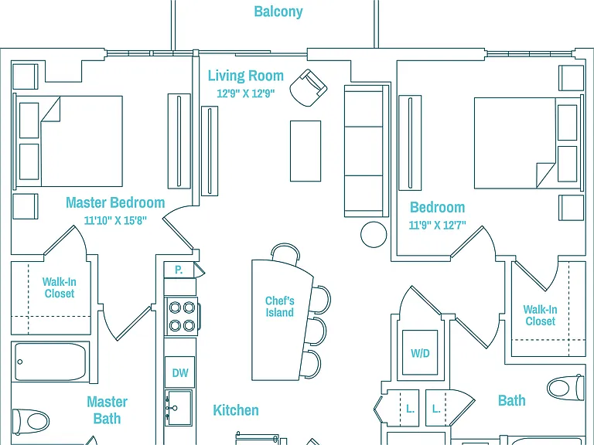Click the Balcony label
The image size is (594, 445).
(278, 12)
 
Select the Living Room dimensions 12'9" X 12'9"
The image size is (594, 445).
(245, 93)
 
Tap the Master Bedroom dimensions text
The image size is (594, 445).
(115, 220)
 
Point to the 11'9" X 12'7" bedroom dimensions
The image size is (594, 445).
(437, 225)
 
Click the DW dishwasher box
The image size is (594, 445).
(180, 372)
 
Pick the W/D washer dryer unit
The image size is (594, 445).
(420, 352)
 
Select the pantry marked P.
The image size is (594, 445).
(179, 270)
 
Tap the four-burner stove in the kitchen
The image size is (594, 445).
(182, 316)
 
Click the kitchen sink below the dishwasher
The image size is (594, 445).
(178, 408)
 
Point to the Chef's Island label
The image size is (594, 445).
(279, 307)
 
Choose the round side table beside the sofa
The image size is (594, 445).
(374, 235)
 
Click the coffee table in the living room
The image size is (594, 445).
(306, 151)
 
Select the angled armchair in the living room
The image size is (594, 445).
(309, 88)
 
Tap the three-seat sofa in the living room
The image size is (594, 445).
(367, 151)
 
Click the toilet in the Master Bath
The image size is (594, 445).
(31, 421)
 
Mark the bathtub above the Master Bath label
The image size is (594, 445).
(51, 362)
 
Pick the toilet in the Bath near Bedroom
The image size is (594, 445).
(565, 388)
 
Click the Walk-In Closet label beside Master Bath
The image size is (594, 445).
(59, 287)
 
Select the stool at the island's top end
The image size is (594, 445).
(285, 252)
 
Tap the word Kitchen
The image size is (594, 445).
(236, 410)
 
